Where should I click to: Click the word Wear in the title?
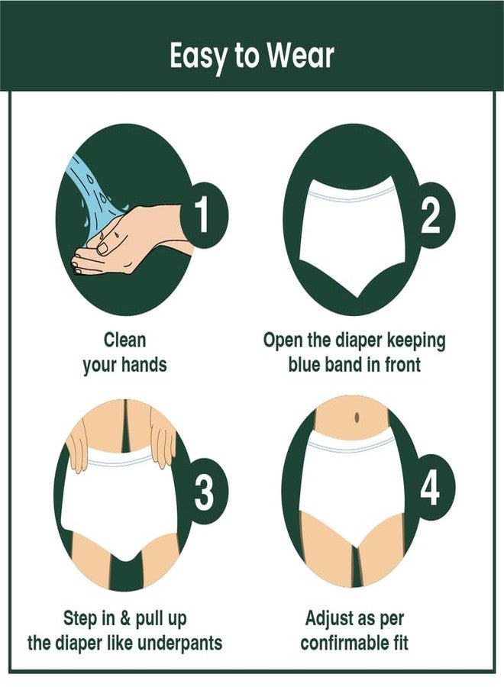click(x=301, y=56)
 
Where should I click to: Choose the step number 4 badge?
click(x=429, y=488)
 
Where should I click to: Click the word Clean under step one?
click(x=125, y=340)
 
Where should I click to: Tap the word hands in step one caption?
click(x=144, y=364)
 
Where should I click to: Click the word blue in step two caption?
click(x=305, y=364)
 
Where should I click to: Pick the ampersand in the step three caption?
click(x=125, y=618)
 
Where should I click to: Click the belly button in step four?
click(x=357, y=417)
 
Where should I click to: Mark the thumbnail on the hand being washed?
click(x=102, y=248)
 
